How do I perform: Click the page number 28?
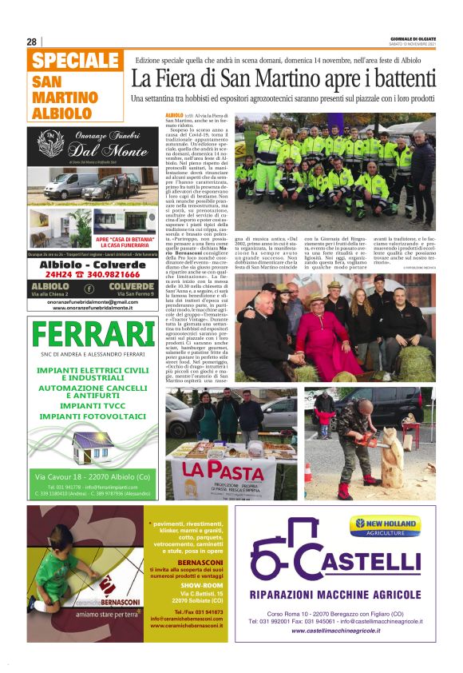pyautogui.click(x=32, y=42)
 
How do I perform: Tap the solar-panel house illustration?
pyautogui.click(x=93, y=443)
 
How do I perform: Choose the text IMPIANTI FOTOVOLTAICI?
pyautogui.click(x=93, y=416)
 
